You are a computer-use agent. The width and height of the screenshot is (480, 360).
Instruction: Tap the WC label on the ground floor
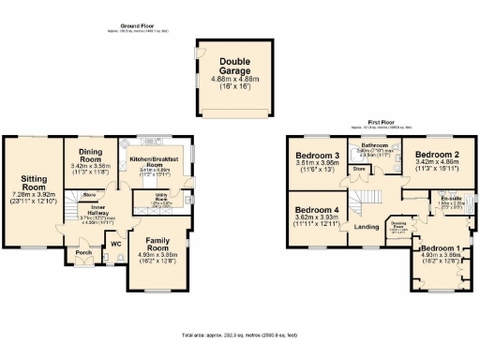pos(116,245)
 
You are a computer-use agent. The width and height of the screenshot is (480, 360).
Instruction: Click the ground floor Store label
pos(90,194)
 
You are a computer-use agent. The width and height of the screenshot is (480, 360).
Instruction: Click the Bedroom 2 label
pos(437,155)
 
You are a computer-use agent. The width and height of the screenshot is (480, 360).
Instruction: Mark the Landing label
pos(367,227)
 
